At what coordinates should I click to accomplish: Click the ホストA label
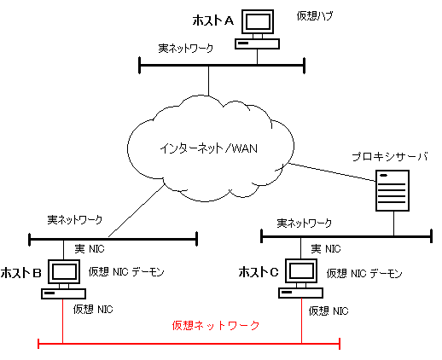pyautogui.click(x=213, y=20)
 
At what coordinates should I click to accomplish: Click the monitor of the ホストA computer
pyautogui.click(x=258, y=22)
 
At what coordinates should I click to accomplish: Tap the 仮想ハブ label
pyautogui.click(x=315, y=15)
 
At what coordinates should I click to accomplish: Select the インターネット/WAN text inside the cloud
pyautogui.click(x=209, y=148)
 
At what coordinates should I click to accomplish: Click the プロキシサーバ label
pyautogui.click(x=390, y=157)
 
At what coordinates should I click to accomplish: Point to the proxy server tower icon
pyautogui.click(x=393, y=190)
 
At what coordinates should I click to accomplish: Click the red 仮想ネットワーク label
pyautogui.click(x=216, y=325)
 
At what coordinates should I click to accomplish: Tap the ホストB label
pyautogui.click(x=21, y=273)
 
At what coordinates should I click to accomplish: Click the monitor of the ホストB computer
pyautogui.click(x=64, y=271)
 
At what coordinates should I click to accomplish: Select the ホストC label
pyautogui.click(x=259, y=272)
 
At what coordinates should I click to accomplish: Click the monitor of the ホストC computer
pyautogui.click(x=301, y=270)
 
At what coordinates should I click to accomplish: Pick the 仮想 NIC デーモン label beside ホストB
pyautogui.click(x=126, y=272)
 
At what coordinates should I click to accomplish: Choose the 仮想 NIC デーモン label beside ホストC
pyautogui.click(x=364, y=273)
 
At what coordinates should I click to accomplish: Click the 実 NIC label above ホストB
pyautogui.click(x=90, y=249)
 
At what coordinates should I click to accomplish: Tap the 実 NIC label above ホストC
pyautogui.click(x=326, y=249)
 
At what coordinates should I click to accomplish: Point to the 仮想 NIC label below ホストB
pyautogui.click(x=93, y=309)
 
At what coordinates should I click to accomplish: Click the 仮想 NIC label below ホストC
pyautogui.click(x=329, y=311)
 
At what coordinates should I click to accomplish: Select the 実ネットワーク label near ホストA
pyautogui.click(x=186, y=48)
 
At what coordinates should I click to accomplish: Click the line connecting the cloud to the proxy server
pyautogui.click(x=332, y=172)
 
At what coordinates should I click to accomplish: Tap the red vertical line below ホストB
pyautogui.click(x=62, y=322)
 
